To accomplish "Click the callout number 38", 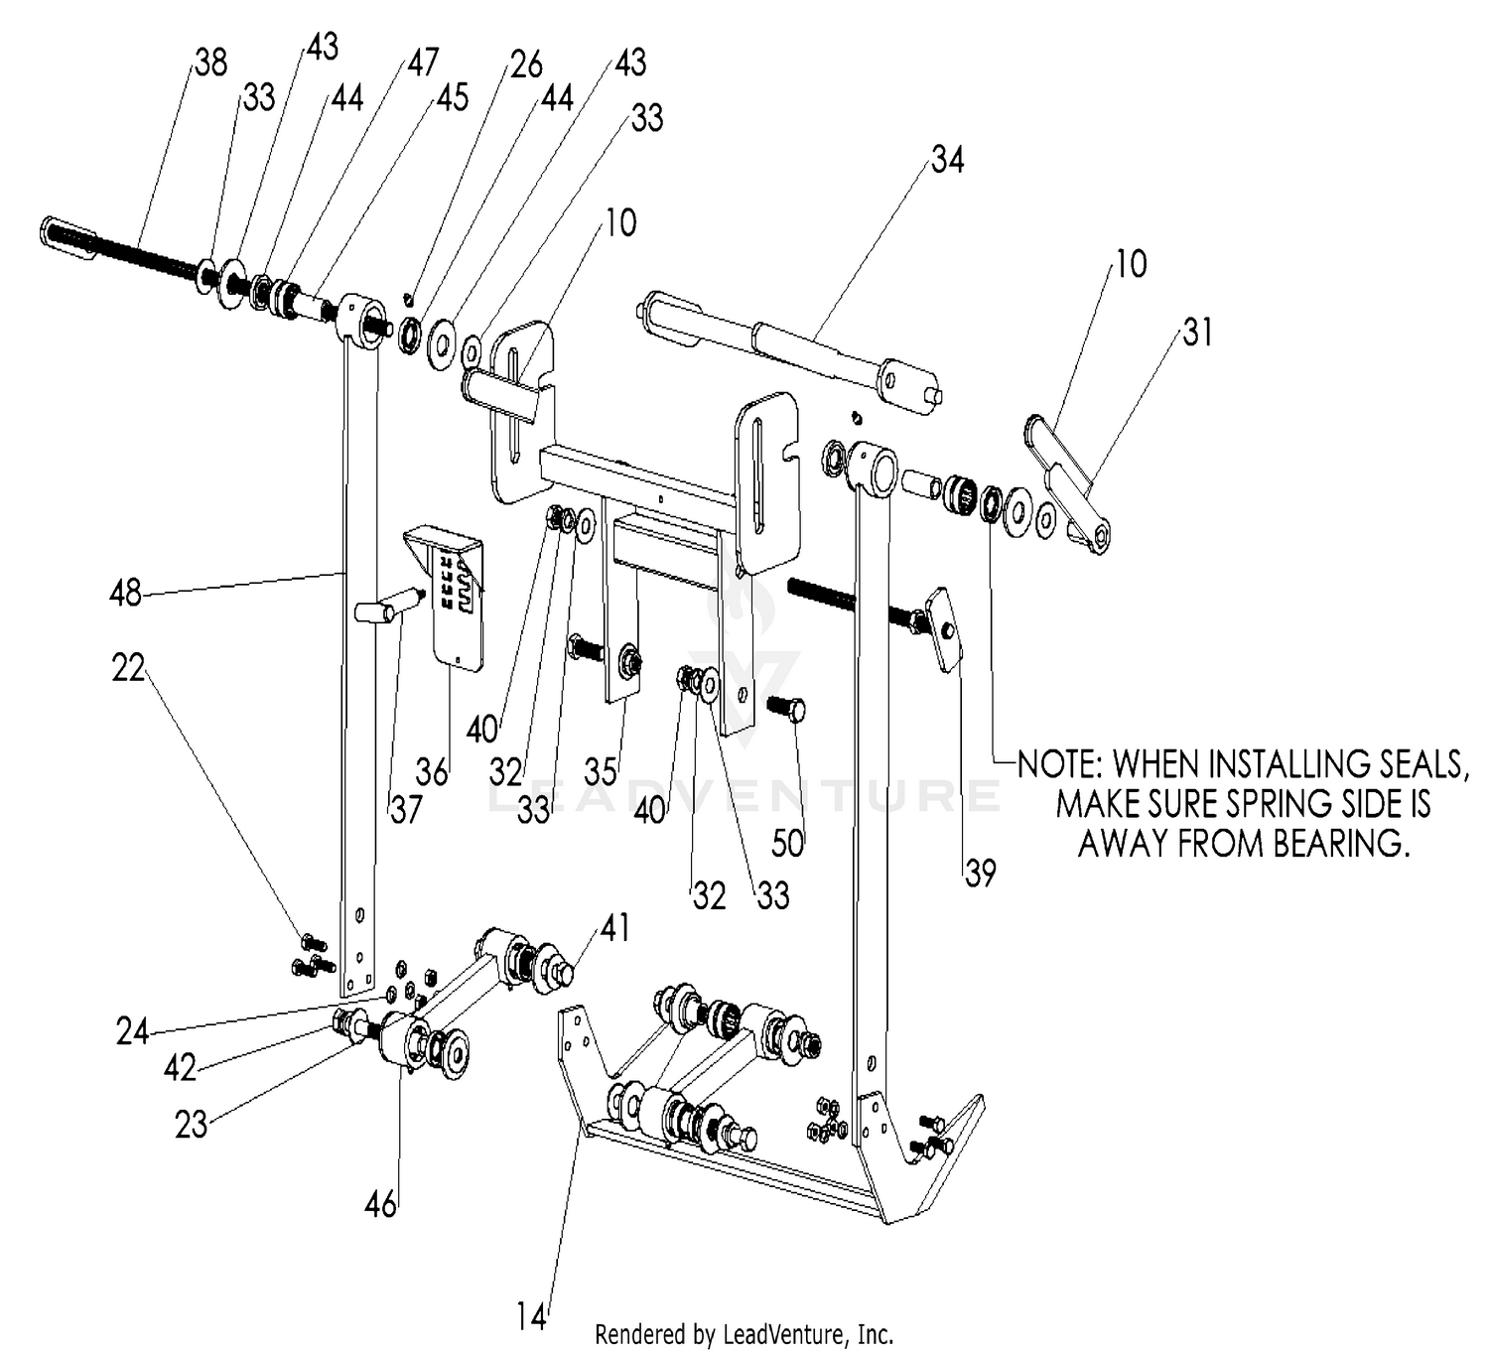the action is [210, 64].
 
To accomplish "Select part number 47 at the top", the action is [422, 63].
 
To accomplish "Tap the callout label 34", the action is [947, 160].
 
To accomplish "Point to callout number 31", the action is [1197, 333].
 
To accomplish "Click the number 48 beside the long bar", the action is [125, 594].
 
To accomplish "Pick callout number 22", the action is [128, 668].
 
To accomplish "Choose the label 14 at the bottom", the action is [532, 1317].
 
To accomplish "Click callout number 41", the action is [614, 928].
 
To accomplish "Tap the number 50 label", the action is [787, 843].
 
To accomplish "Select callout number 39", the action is [980, 874].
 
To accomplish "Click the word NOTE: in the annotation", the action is [1061, 764].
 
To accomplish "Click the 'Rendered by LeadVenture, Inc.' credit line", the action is [744, 1334].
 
